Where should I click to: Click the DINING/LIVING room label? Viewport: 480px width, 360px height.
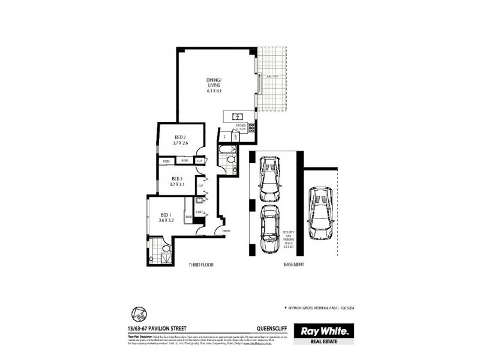(x=214, y=85)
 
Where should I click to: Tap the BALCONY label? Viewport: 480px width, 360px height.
(x=274, y=76)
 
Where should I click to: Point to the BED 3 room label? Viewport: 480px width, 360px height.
(x=176, y=181)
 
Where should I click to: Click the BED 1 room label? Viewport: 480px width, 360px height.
(x=166, y=217)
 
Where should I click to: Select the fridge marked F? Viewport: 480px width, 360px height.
(x=224, y=137)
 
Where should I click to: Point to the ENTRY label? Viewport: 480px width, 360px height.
(x=226, y=231)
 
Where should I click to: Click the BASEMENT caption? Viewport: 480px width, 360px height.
(x=293, y=265)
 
